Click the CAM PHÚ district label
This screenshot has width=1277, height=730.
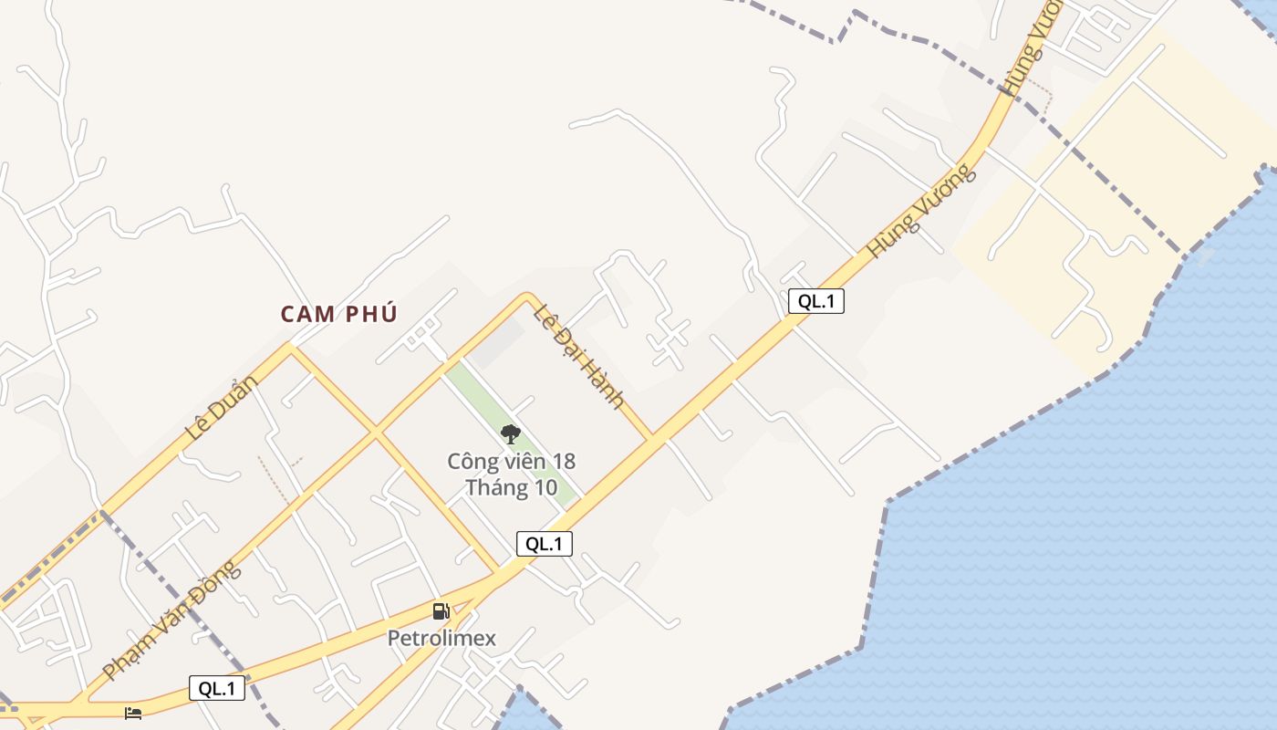(x=339, y=314)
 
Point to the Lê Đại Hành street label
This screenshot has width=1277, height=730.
(x=579, y=356)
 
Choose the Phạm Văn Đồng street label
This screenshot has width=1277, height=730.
(x=172, y=620)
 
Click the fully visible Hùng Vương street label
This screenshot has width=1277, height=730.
(x=921, y=211)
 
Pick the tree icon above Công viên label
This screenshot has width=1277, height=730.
(x=511, y=434)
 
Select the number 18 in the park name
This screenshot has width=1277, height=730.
(x=563, y=462)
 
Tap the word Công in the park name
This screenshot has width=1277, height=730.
(x=469, y=462)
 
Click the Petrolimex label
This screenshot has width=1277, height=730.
(x=441, y=638)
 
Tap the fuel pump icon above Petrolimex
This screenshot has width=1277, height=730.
(x=441, y=611)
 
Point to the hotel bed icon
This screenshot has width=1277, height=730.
(x=133, y=712)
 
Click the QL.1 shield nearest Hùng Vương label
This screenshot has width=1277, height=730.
(x=815, y=301)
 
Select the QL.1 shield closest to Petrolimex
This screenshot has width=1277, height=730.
(x=544, y=544)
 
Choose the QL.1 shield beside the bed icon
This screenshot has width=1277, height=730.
(x=217, y=688)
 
